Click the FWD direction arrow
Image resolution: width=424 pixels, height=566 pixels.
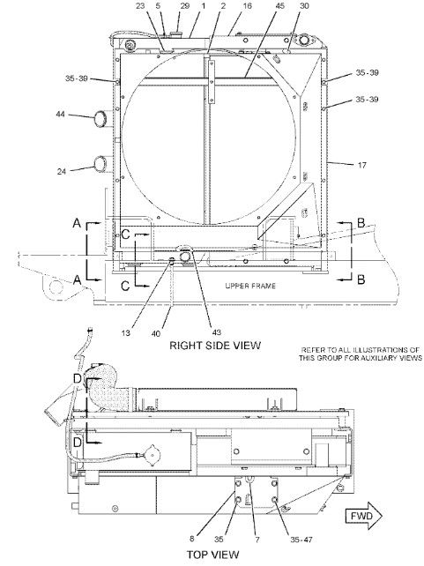pos(364,516)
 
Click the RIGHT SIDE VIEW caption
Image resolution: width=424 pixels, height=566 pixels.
pos(215,346)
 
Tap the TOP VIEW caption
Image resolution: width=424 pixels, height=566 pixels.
pos(212,555)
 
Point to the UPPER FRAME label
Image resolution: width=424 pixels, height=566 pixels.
pos(250,286)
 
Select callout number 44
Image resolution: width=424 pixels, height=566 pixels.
pos(61,114)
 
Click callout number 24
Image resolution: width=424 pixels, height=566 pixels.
pos(62,171)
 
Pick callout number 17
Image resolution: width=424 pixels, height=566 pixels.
pos(362,165)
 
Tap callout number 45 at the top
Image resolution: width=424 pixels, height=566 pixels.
pos(279,6)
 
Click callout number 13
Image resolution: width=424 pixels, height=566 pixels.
pos(125,332)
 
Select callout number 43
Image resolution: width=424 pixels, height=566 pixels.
pos(216,331)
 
